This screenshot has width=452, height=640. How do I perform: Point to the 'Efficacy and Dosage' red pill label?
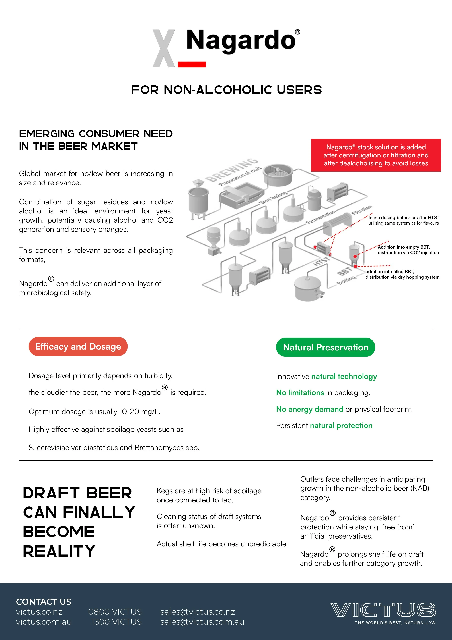(x=78, y=346)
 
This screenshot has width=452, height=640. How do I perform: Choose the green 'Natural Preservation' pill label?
(x=325, y=347)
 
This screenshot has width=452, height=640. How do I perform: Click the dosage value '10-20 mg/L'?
(x=140, y=412)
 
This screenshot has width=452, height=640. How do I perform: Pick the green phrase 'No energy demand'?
(x=309, y=409)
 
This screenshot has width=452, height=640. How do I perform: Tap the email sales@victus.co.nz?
(x=197, y=612)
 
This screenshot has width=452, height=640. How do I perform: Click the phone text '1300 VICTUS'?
(x=116, y=622)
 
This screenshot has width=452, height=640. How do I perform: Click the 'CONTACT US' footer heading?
(x=44, y=602)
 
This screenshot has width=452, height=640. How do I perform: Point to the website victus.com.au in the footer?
(x=44, y=622)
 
